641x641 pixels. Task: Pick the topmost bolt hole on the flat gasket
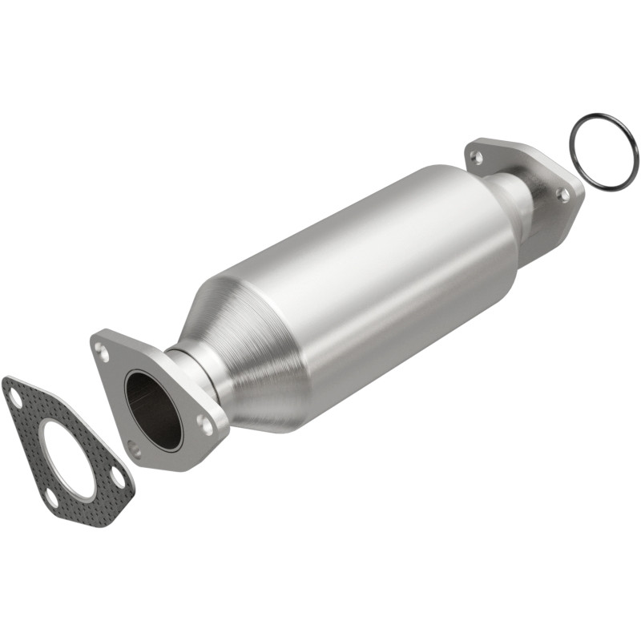coord(14,393)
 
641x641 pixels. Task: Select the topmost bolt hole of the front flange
coord(100,349)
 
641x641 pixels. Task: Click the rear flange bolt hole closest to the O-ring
coord(563,194)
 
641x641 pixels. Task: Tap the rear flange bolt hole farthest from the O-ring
coord(478,157)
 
